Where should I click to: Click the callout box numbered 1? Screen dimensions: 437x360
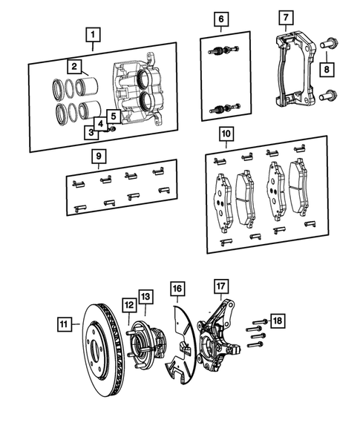(x=92, y=34)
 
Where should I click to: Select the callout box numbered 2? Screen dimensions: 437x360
(x=74, y=67)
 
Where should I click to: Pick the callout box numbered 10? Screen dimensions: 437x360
(x=226, y=134)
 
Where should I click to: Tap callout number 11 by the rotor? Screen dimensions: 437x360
(x=65, y=324)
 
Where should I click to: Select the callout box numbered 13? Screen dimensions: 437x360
(x=145, y=298)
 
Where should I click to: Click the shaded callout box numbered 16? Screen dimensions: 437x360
(x=176, y=287)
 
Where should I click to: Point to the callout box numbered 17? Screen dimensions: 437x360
(x=220, y=286)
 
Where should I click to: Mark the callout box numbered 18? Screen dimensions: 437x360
(x=275, y=321)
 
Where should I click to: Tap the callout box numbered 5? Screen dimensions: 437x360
(x=114, y=116)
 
